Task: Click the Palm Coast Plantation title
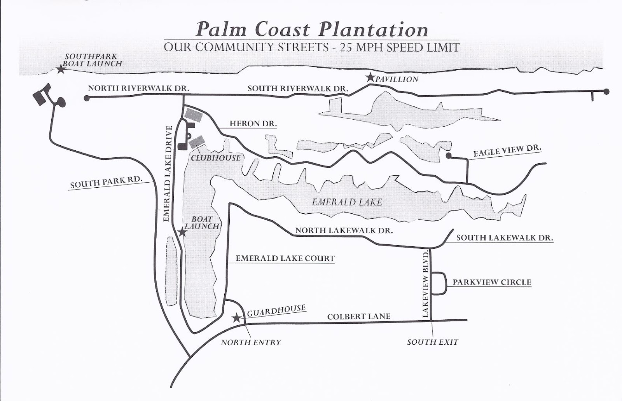[312, 30]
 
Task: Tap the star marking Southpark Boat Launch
[61, 70]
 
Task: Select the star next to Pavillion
[370, 77]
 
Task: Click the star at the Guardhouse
[236, 318]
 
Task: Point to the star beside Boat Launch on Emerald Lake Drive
[182, 232]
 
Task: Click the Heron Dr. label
[253, 124]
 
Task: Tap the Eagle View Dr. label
[507, 151]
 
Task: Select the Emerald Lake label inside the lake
[347, 202]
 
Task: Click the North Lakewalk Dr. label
[344, 230]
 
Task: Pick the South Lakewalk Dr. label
[505, 237]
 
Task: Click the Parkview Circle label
[492, 282]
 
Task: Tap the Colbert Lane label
[358, 317]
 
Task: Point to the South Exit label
[433, 342]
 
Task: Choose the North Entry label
[251, 342]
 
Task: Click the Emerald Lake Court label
[285, 258]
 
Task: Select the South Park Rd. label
[106, 182]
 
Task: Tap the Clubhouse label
[216, 158]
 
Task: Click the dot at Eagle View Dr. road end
[448, 156]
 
